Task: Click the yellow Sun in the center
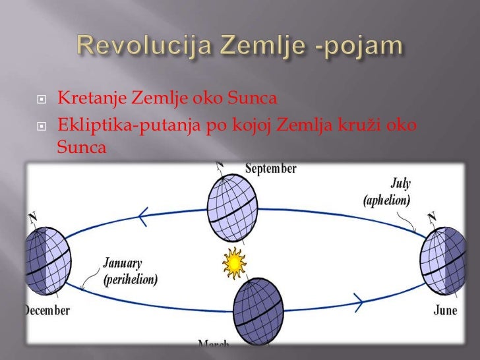(233, 263)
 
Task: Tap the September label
(270, 169)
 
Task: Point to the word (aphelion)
(386, 199)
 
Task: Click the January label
(123, 264)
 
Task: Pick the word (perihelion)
(130, 279)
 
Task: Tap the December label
(47, 310)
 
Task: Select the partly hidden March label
(215, 344)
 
